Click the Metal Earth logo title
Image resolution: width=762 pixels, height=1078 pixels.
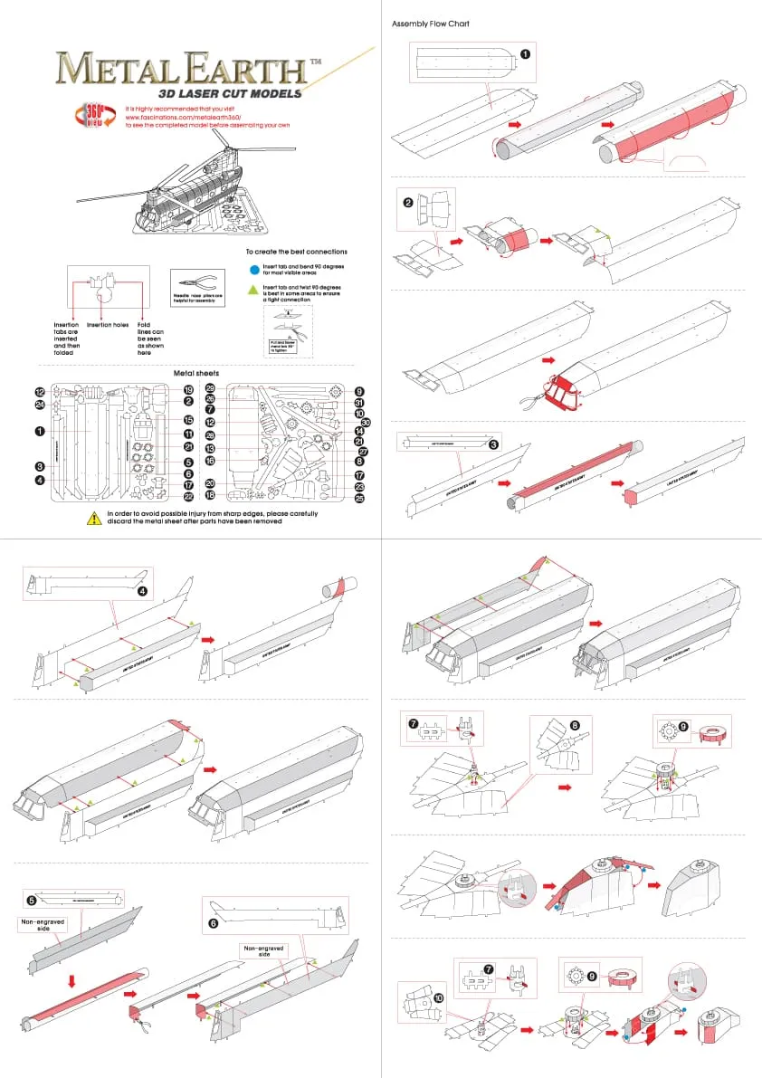[x=181, y=69]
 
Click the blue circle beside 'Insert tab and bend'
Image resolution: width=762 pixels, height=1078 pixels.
[x=254, y=269]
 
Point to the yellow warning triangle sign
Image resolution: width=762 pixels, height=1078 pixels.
[x=94, y=518]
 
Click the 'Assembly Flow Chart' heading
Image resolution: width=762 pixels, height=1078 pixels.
[x=431, y=24]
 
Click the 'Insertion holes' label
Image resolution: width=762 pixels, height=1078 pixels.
[x=107, y=325]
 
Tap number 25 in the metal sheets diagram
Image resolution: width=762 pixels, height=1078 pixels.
[x=359, y=497]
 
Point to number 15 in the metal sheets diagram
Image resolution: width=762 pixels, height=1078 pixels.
[x=189, y=420]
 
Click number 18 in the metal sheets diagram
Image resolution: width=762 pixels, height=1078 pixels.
[x=210, y=495]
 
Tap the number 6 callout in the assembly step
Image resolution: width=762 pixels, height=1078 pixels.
[x=214, y=924]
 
